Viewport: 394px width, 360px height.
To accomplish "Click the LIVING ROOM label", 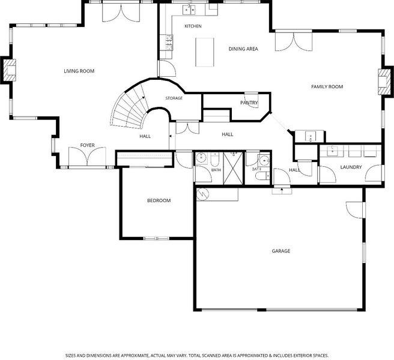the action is [x=79, y=71].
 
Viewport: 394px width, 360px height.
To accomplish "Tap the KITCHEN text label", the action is [x=193, y=26].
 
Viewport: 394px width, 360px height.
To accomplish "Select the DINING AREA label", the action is [x=243, y=49].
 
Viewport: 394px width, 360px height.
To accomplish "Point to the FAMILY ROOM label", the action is [x=327, y=86].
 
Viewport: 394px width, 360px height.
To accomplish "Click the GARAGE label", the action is [x=281, y=251].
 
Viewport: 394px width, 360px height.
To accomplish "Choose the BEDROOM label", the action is [x=159, y=200].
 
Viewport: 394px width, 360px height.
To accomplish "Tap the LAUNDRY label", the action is [x=351, y=167].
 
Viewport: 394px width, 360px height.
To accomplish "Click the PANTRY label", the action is [x=249, y=103].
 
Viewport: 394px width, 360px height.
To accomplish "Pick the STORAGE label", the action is [x=174, y=98].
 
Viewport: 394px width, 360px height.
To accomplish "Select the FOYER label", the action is [x=88, y=145].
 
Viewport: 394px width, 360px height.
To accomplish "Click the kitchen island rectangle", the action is [x=205, y=52].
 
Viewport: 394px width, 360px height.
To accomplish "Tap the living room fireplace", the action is [x=9, y=70].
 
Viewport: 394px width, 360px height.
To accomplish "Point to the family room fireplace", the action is [x=384, y=82].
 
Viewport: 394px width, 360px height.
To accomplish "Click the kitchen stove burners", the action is [x=169, y=42].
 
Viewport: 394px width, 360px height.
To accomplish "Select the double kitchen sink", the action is [x=189, y=10].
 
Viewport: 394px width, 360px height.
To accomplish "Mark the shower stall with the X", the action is [x=233, y=168].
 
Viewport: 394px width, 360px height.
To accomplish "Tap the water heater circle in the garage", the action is [x=202, y=194].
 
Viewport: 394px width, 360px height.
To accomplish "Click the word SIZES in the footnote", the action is [x=70, y=355].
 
